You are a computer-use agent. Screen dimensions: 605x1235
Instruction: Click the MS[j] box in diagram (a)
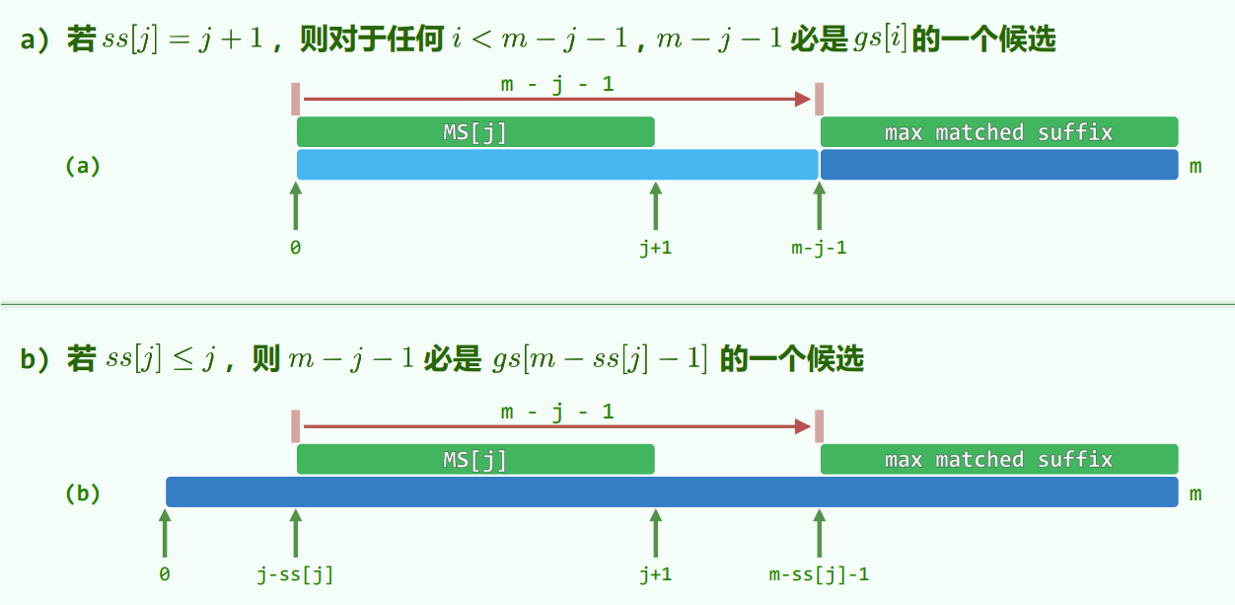475,132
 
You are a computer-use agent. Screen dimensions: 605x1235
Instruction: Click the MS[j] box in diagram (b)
475,459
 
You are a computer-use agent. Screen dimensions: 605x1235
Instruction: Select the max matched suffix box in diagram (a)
998,132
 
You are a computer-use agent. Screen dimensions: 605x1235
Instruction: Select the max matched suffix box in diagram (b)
998,459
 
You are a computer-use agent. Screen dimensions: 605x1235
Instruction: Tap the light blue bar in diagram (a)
557,165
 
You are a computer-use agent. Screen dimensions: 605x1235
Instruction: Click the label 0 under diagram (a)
296,249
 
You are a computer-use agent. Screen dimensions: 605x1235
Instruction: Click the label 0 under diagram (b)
165,574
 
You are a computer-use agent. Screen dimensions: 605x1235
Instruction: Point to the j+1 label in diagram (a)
655,249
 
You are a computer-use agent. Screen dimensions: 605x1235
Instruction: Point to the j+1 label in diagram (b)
655,574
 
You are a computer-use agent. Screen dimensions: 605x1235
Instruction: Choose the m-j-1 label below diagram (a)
819,249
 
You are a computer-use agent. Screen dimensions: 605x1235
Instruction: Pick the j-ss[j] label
295,574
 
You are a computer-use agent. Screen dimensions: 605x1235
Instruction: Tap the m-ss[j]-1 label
819,574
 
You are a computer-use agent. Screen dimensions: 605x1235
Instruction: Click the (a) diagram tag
83,166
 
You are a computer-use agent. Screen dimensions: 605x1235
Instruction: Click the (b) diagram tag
83,492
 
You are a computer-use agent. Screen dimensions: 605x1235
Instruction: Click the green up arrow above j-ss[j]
295,533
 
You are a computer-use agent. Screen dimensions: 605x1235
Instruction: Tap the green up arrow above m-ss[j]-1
819,533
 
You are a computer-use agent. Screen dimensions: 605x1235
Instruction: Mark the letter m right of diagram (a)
1196,166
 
